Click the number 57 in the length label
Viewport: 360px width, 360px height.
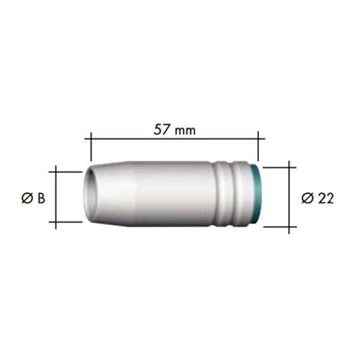pos(162,130)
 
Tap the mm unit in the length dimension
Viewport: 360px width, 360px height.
pos(185,131)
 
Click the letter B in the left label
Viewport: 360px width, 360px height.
pos(41,199)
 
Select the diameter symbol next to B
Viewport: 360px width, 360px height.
pos(28,199)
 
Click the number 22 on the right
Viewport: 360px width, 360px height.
pos(325,199)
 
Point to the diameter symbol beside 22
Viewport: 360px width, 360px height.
pos(307,199)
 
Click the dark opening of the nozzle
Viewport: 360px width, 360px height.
pos(90,193)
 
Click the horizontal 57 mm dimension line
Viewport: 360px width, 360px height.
pos(175,139)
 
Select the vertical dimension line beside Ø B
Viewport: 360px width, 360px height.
pos(56,197)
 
